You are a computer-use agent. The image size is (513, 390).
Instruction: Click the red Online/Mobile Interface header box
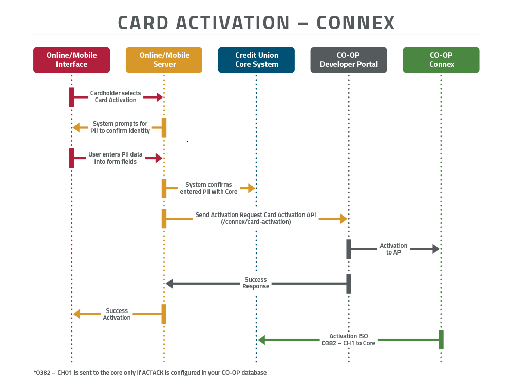point(71,60)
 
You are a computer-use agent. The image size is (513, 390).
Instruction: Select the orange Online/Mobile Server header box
point(164,60)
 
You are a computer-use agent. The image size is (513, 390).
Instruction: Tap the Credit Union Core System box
point(256,60)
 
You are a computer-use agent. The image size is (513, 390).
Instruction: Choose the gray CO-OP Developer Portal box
point(349,60)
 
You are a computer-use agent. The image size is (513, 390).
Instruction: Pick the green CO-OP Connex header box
point(441,60)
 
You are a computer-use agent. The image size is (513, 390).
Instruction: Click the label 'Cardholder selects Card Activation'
point(116,96)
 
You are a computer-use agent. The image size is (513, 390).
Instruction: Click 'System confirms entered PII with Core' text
point(208,188)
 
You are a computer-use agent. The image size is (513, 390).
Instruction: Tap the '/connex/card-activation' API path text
point(255,222)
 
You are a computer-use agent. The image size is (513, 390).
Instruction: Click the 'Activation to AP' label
point(393,249)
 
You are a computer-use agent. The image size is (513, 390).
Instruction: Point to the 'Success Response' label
point(256,283)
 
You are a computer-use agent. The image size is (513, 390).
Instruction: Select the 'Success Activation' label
point(117,314)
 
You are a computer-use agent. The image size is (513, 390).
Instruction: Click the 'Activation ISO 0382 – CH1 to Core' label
point(349,340)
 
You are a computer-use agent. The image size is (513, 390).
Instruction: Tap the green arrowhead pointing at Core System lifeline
point(261,340)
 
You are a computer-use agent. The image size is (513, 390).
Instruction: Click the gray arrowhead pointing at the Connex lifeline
point(436,249)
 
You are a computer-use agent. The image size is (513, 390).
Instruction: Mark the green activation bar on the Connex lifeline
point(441,340)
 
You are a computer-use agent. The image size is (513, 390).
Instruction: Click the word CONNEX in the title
point(355,23)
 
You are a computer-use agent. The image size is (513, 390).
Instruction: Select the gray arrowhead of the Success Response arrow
point(169,283)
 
